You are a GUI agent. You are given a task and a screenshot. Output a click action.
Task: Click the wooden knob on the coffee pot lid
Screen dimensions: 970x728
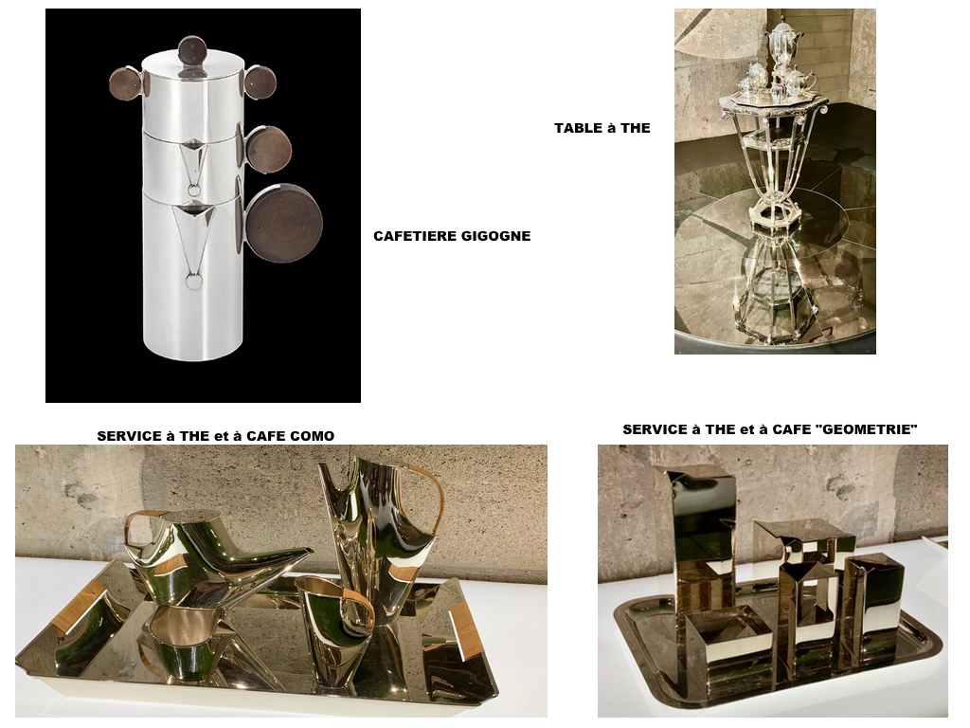point(191,49)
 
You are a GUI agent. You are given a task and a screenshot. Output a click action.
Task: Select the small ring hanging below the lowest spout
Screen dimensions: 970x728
point(193,282)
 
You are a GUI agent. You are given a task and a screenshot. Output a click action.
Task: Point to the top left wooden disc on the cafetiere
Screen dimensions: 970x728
point(126,83)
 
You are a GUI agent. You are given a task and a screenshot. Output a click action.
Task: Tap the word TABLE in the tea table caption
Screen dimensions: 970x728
point(578,128)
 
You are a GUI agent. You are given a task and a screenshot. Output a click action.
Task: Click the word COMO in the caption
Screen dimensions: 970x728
point(314,436)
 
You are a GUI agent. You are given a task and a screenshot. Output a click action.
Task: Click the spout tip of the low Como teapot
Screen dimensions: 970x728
point(310,551)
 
